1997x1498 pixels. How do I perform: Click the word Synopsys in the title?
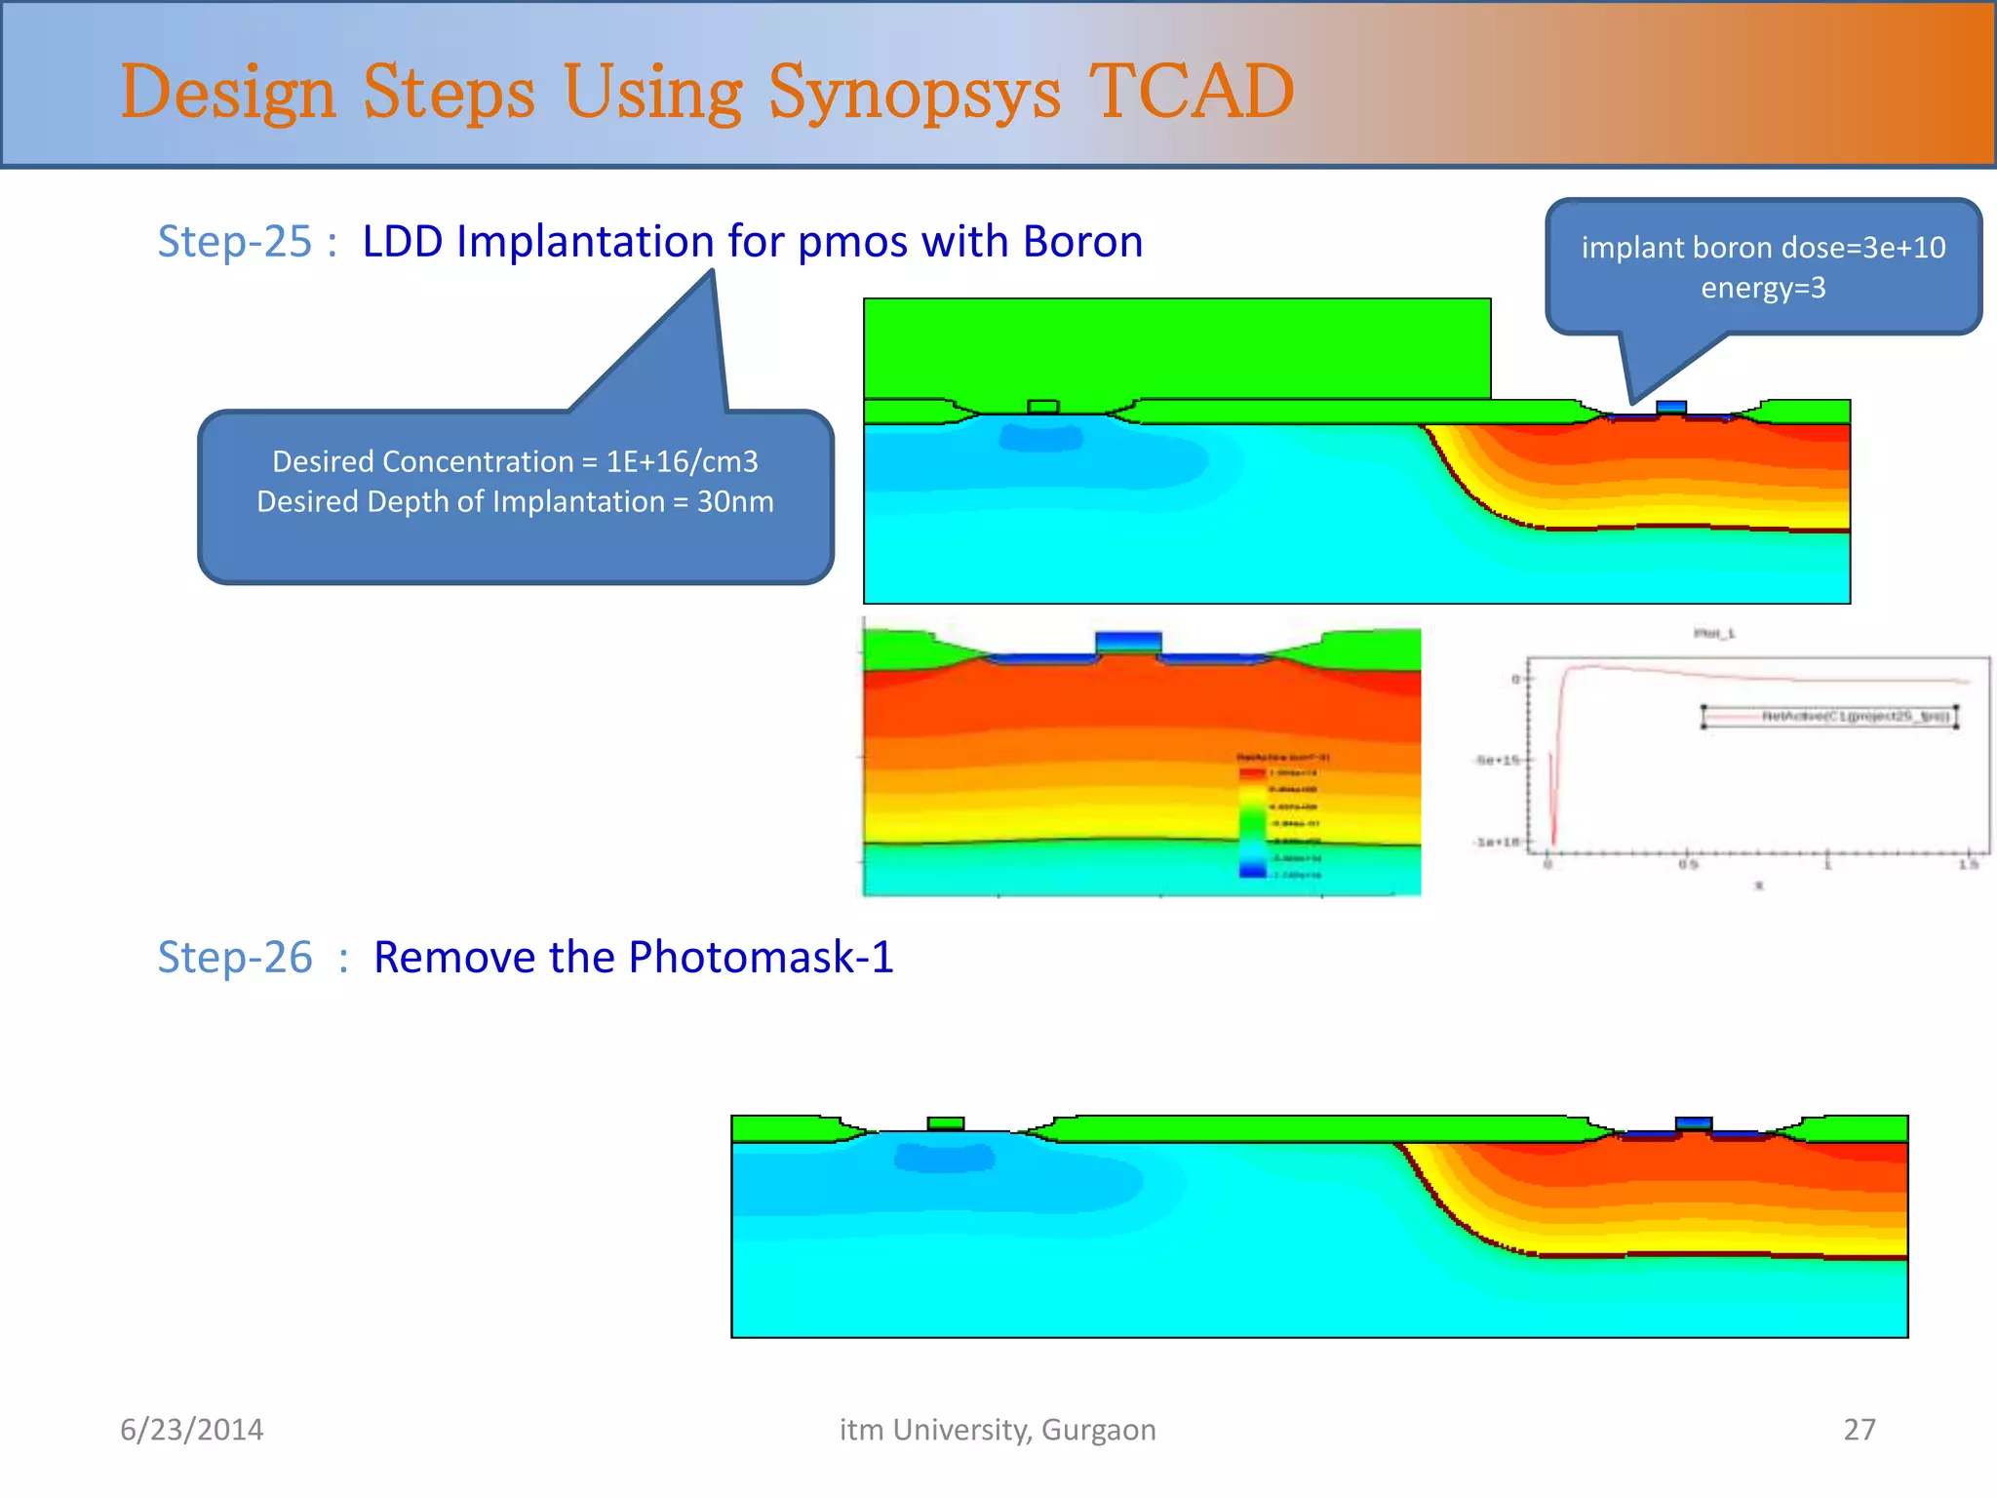coord(914,93)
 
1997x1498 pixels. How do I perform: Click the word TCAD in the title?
coord(1191,91)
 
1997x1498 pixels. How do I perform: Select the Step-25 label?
coord(235,241)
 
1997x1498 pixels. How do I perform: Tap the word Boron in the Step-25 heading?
coord(1082,241)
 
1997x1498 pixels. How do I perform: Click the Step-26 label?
coord(235,957)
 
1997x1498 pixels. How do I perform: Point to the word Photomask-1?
coord(761,957)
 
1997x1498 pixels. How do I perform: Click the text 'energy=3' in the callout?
coord(1763,288)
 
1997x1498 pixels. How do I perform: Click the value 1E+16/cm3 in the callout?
coord(682,461)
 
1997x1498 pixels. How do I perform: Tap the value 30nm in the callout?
coord(735,501)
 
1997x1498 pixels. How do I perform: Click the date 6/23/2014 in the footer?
coord(191,1430)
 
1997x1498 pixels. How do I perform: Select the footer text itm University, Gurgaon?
coord(998,1430)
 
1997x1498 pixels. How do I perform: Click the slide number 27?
coord(1860,1430)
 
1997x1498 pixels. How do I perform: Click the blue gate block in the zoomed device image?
coord(1128,643)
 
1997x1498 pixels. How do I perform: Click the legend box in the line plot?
coord(1829,717)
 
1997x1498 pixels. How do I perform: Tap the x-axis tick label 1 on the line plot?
coord(1828,865)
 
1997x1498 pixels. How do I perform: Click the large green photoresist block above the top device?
coord(1177,348)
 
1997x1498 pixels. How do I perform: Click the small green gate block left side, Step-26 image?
coord(945,1123)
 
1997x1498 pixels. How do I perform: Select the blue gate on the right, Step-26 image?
coord(1694,1123)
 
